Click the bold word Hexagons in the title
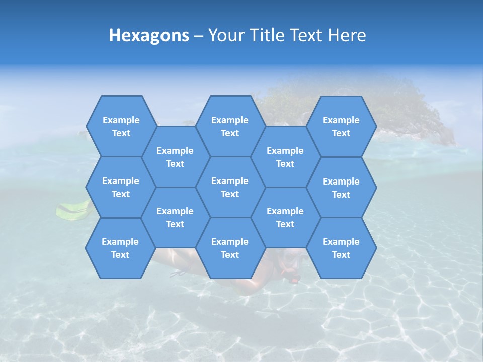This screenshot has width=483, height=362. click(x=149, y=35)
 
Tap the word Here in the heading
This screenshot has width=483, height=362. click(x=347, y=35)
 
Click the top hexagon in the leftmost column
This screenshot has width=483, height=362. click(x=121, y=126)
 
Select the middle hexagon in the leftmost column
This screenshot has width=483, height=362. click(x=121, y=187)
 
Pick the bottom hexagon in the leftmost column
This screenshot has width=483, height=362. click(x=120, y=248)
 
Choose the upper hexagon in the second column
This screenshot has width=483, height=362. click(x=175, y=157)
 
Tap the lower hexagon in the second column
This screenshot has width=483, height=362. click(x=175, y=217)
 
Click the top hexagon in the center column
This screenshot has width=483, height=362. click(x=230, y=126)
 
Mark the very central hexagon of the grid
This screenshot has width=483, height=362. click(x=230, y=187)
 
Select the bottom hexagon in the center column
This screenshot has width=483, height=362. click(x=230, y=248)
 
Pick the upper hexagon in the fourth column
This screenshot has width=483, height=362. click(x=285, y=157)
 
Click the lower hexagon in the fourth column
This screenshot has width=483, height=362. click(x=285, y=217)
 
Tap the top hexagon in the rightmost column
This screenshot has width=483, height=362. click(x=341, y=126)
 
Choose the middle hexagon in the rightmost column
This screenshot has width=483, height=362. click(x=341, y=188)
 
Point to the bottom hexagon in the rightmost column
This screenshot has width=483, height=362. click(x=341, y=248)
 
